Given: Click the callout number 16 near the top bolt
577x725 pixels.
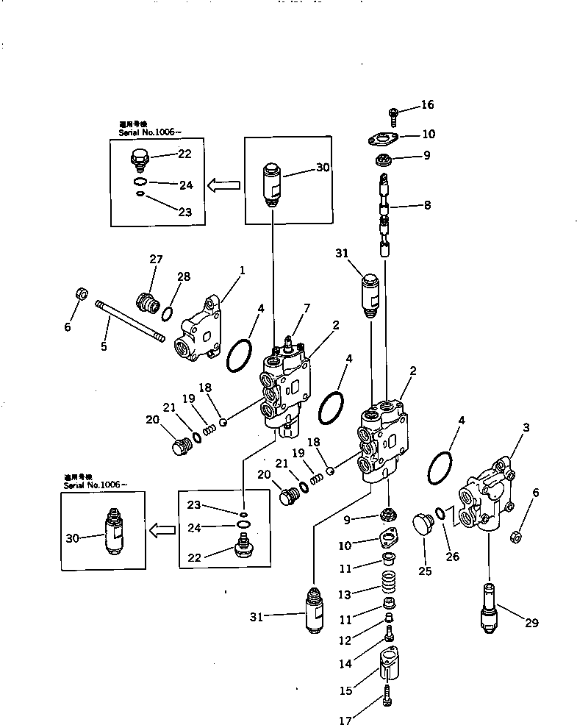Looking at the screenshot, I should point(426,105).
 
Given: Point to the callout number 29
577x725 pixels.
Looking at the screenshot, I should point(531,623).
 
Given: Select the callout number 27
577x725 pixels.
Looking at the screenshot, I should point(155,259).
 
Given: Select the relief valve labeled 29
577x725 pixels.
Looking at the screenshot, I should point(489,607).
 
